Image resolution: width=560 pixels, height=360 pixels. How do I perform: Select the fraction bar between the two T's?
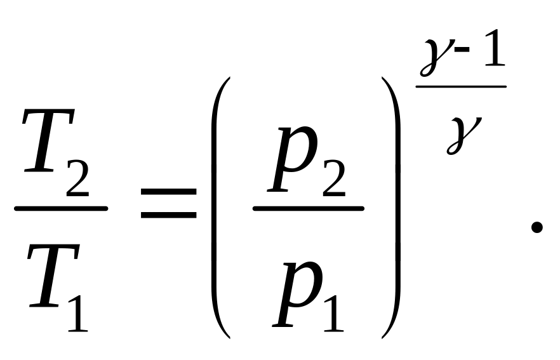tap(61, 208)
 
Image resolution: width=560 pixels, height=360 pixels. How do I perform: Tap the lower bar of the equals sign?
tap(168, 215)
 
